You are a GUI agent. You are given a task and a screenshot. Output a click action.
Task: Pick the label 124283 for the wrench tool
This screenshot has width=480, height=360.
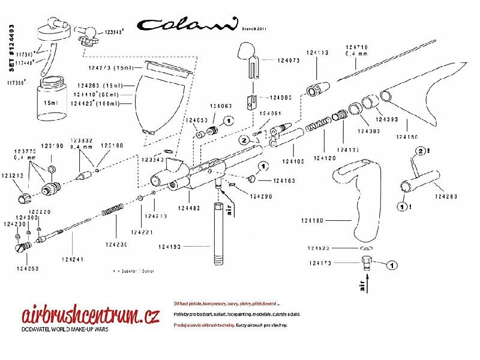[x=448, y=196]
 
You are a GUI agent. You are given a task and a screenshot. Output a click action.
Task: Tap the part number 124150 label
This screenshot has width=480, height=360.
[x=408, y=137]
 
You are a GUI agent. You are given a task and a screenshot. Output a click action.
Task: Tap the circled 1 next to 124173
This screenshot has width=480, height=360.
[x=391, y=263]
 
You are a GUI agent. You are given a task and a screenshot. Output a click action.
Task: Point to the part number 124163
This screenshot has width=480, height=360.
[x=284, y=180]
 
